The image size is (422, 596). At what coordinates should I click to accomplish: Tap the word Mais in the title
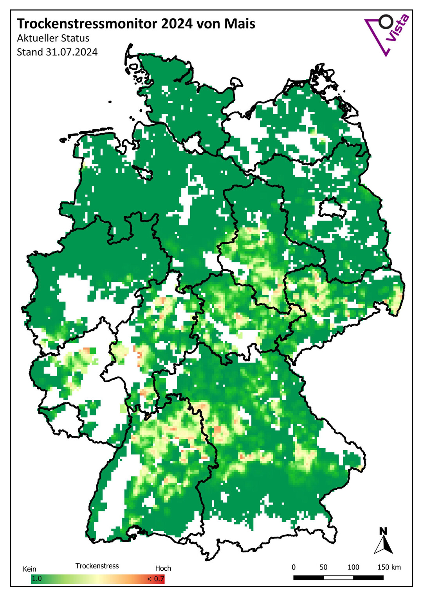pyautogui.click(x=240, y=24)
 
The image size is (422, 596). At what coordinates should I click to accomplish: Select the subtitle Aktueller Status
pyautogui.click(x=53, y=38)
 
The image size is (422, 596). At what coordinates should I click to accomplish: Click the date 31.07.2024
pyautogui.click(x=72, y=52)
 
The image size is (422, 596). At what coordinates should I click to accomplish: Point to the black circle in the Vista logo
pyautogui.click(x=386, y=22)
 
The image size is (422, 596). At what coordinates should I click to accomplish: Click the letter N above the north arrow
pyautogui.click(x=383, y=531)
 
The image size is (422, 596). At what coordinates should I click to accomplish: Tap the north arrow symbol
pyautogui.click(x=383, y=546)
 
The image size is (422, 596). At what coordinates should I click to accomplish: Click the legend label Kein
pyautogui.click(x=29, y=569)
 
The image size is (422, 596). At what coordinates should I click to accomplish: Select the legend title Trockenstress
pyautogui.click(x=97, y=566)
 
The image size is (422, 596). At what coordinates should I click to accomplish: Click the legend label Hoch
pyautogui.click(x=163, y=568)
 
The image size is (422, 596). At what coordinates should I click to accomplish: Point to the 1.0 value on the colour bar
pyautogui.click(x=37, y=578)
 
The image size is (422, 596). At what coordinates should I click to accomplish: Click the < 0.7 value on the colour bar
pyautogui.click(x=155, y=578)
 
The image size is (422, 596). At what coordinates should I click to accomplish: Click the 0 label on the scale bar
pyautogui.click(x=294, y=567)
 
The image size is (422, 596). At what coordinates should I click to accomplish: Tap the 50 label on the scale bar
pyautogui.click(x=323, y=567)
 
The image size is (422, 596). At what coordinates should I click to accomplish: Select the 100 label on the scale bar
pyautogui.click(x=353, y=567)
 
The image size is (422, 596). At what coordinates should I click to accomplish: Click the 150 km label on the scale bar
pyautogui.click(x=389, y=567)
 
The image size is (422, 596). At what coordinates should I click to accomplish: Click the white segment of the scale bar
pyautogui.click(x=338, y=578)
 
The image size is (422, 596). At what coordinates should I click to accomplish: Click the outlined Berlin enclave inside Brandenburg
pyautogui.click(x=332, y=209)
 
